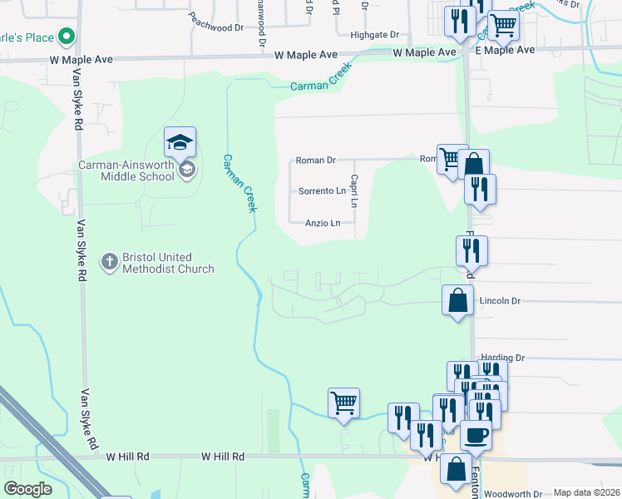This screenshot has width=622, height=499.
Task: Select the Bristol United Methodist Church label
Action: point(167,263)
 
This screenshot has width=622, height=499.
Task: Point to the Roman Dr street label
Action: point(315,161)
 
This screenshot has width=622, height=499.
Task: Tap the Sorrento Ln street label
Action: point(322,191)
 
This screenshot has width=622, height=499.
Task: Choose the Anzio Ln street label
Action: point(323,223)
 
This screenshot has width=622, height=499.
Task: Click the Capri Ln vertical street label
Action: point(354,190)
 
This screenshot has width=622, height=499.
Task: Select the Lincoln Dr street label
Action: point(500,300)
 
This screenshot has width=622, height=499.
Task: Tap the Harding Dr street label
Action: point(503,358)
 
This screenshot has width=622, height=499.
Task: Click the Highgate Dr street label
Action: point(374,35)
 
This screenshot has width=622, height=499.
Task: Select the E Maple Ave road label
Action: point(505,50)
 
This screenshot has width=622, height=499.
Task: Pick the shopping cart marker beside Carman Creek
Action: point(343,404)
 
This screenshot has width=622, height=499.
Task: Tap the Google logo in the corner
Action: point(27,489)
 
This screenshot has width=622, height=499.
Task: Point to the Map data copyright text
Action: point(586,492)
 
